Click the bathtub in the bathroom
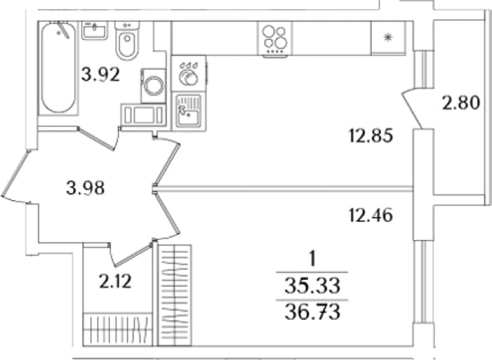[x=59, y=68]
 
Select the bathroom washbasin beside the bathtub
[x=95, y=31]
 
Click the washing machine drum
[x=153, y=85]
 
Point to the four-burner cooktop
[x=275, y=40]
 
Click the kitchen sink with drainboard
[x=189, y=111]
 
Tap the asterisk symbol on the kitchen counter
[x=388, y=38]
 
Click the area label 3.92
[x=101, y=75]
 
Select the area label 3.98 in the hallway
[x=85, y=188]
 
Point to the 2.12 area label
[x=115, y=281]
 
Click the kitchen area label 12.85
[x=371, y=136]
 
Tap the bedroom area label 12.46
[x=371, y=215]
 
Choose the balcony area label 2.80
[x=461, y=102]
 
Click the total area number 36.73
[x=313, y=312]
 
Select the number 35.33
[x=313, y=286]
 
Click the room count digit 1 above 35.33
[x=312, y=259]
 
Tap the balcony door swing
[x=412, y=108]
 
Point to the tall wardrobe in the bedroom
[x=175, y=295]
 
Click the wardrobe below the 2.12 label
[x=118, y=329]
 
